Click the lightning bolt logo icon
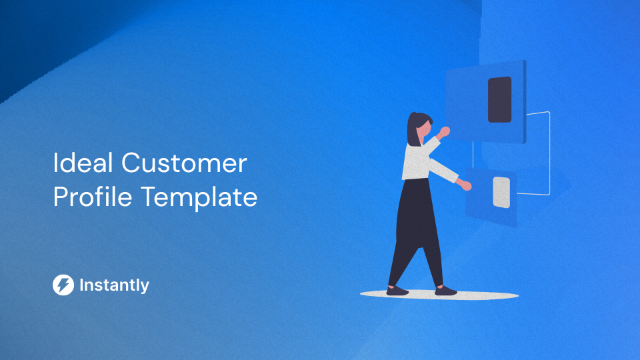(x=63, y=285)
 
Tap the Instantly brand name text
(x=114, y=285)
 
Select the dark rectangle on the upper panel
(x=499, y=99)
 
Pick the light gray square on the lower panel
(x=501, y=192)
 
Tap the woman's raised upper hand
(x=444, y=132)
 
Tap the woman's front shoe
(x=445, y=291)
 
